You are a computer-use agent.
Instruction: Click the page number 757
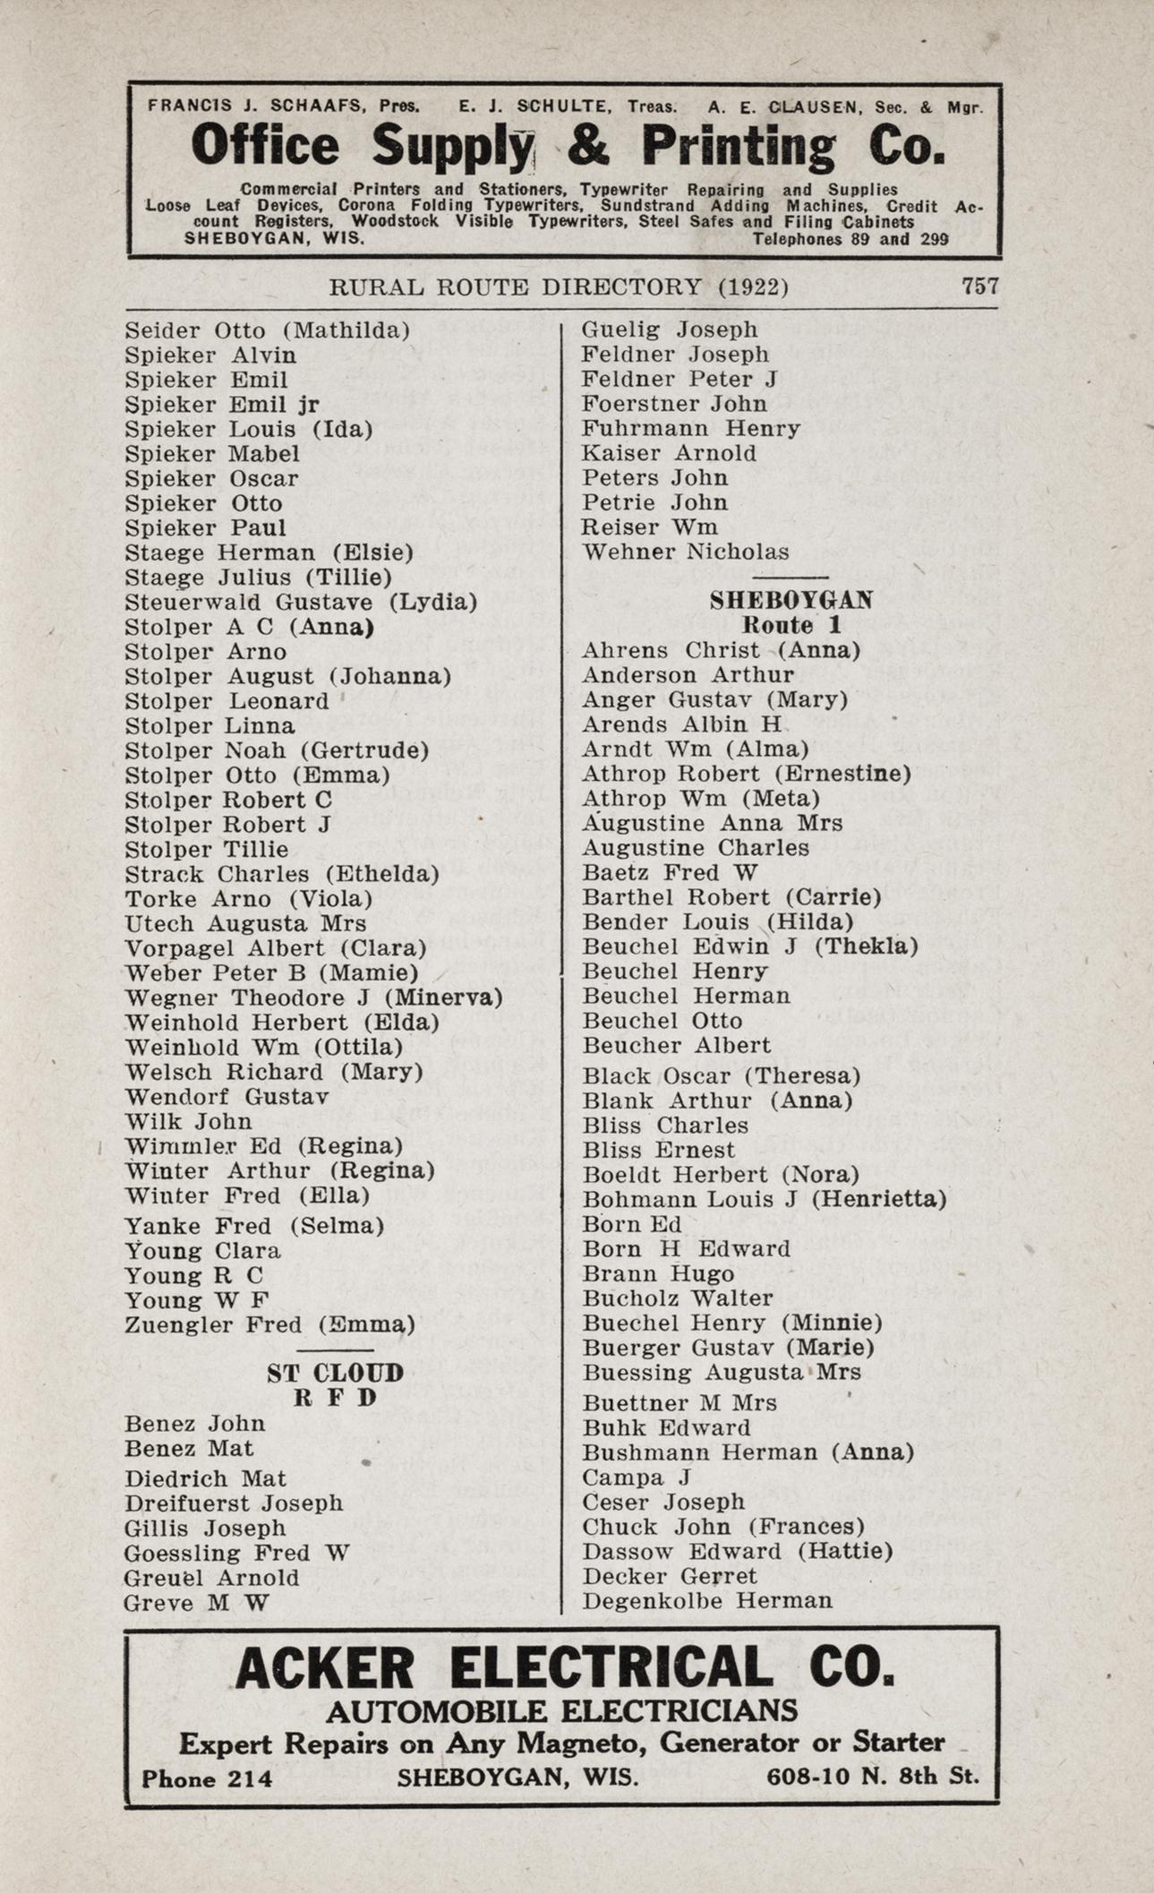coord(979,287)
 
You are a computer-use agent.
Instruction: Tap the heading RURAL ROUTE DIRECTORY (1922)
coord(559,287)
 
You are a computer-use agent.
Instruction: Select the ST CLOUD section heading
coord(336,1373)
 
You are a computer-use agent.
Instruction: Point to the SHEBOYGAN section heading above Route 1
coord(791,601)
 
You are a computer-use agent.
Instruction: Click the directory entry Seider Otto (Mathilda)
coord(268,330)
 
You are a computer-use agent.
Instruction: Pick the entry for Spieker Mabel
coord(212,454)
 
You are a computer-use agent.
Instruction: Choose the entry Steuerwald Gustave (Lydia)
coord(301,603)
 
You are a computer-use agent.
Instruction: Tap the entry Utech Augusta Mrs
coord(245,924)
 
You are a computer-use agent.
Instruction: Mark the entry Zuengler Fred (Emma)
coord(269,1325)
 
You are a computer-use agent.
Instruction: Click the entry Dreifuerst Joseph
coord(234,1503)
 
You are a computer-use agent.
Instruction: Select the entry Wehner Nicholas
coord(686,552)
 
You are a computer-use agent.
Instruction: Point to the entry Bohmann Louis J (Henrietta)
coord(764,1199)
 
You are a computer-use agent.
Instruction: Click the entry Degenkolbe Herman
coord(707,1601)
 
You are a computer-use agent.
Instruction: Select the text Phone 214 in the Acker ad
coord(207,1779)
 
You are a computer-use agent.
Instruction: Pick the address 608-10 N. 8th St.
coord(872,1777)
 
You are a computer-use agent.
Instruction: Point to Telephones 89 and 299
coord(850,239)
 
